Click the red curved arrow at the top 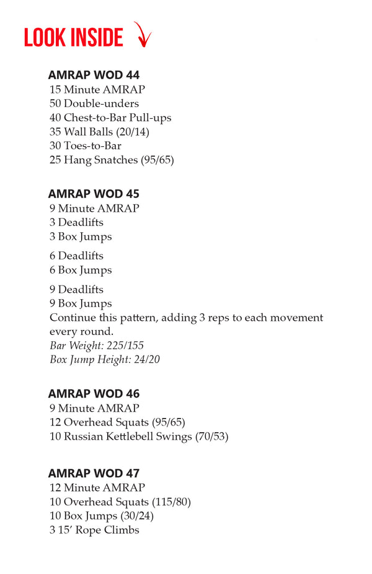tap(143, 35)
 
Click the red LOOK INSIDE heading tap(73, 38)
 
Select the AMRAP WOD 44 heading tap(94, 76)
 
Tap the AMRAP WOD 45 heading tap(94, 194)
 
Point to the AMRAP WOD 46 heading tap(94, 394)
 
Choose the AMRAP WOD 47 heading tap(94, 474)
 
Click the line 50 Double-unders tap(94, 103)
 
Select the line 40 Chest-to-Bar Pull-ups tap(110, 118)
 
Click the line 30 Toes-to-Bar tap(86, 146)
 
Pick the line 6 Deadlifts tap(76, 256)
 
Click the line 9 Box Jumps tap(81, 303)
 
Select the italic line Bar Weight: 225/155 tap(96, 346)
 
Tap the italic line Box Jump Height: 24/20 tap(105, 360)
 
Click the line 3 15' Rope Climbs tap(94, 530)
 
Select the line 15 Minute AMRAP tap(97, 90)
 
